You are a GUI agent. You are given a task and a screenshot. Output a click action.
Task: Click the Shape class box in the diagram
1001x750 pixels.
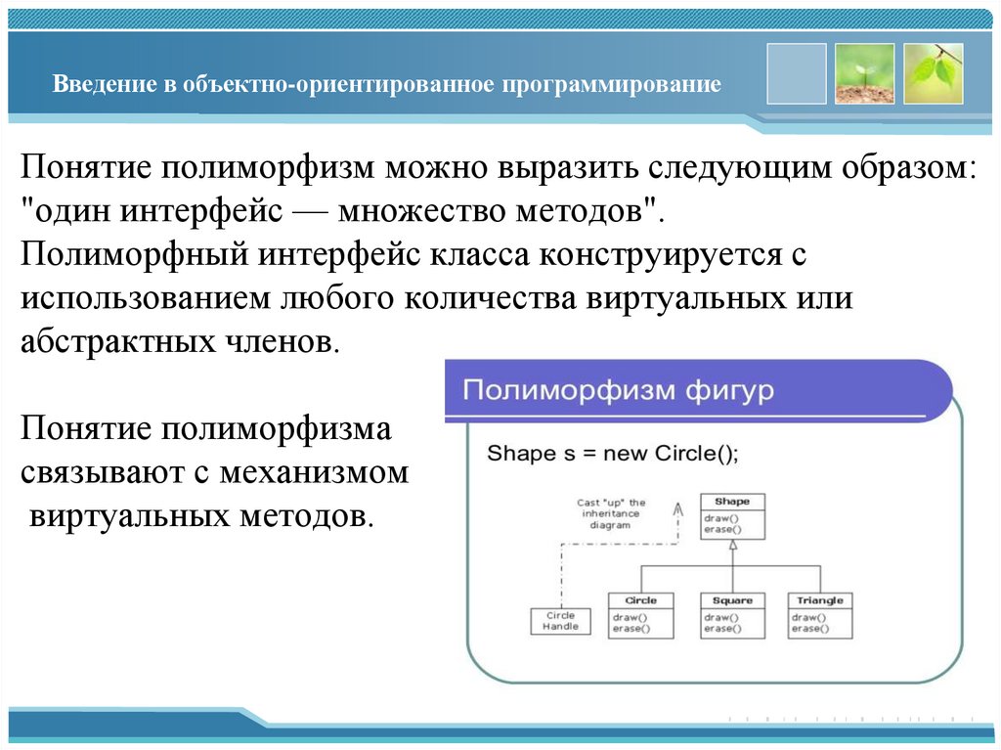point(732,517)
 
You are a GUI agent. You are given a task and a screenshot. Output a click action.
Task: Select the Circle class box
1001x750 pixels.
point(640,615)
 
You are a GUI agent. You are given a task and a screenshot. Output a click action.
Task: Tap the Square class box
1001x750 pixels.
point(731,615)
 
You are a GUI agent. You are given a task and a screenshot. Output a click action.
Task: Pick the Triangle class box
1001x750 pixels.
point(819,615)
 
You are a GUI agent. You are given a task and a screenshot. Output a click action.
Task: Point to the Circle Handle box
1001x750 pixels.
point(560,621)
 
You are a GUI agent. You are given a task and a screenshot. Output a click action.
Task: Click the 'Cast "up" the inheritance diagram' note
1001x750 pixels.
point(611,513)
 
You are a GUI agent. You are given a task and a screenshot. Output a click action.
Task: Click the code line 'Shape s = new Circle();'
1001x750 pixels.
point(612,454)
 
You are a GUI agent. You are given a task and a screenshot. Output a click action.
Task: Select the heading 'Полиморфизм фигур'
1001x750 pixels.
point(618,391)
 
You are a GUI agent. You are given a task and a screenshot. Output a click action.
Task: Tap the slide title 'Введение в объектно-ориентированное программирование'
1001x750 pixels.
point(387,84)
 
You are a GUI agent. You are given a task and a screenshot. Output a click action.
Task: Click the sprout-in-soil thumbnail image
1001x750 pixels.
point(864,73)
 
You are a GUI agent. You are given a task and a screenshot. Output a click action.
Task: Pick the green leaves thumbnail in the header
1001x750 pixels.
point(933,73)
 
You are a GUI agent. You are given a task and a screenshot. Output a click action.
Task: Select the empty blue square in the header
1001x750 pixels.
point(796,73)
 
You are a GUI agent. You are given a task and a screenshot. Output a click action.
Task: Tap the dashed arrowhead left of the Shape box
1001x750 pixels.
point(674,506)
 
